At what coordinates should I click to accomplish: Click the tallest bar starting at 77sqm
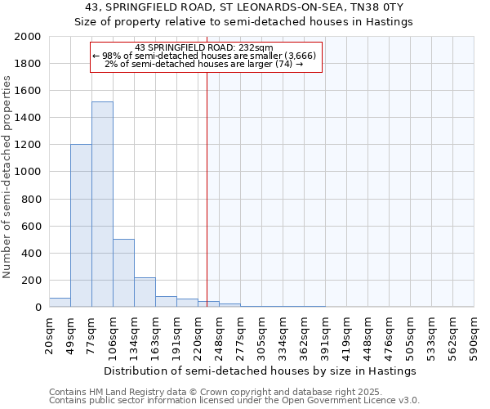click(102, 204)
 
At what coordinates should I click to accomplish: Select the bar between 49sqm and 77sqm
click(81, 226)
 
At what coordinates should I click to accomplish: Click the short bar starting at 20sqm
click(60, 303)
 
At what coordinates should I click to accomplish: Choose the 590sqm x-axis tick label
click(474, 336)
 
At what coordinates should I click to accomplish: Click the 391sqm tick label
click(326, 336)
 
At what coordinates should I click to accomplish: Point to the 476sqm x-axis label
click(390, 336)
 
